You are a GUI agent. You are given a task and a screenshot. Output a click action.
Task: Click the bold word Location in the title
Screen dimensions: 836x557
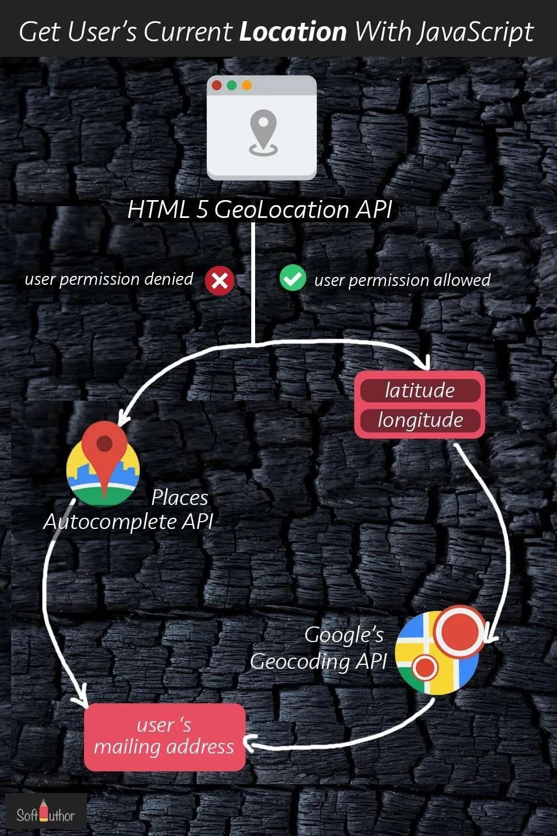tap(293, 32)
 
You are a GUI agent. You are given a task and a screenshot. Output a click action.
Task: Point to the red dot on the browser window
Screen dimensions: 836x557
tap(217, 86)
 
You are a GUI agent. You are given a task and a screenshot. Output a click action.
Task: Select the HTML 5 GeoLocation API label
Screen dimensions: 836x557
tap(260, 210)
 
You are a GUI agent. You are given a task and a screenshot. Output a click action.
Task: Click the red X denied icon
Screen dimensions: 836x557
tap(219, 280)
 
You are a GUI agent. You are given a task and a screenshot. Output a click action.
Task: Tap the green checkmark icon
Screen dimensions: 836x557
tap(292, 278)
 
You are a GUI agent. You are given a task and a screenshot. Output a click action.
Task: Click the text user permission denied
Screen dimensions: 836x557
tap(109, 279)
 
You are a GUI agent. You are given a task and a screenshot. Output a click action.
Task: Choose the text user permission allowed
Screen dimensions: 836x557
tap(402, 280)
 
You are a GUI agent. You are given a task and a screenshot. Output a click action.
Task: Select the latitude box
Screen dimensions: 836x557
tap(420, 390)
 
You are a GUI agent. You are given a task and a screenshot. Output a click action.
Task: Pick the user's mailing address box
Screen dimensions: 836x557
tap(164, 737)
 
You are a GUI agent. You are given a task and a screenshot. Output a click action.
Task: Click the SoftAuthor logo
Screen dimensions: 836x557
tap(45, 815)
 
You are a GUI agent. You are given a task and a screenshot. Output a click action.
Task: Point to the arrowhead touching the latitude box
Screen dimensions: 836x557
tap(424, 364)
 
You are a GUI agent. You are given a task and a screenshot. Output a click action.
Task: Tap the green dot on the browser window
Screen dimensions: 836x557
tap(232, 86)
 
